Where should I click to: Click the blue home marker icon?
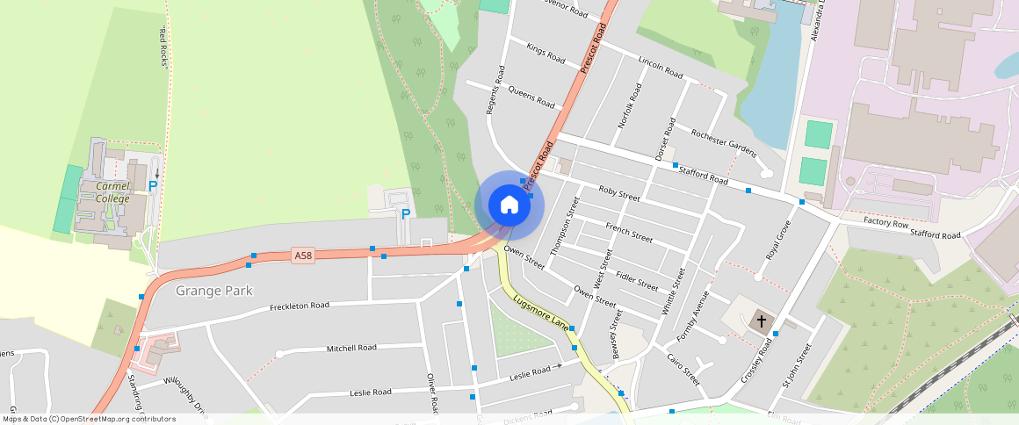coord(509,205)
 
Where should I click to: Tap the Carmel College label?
coord(112,192)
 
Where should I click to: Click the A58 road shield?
coord(303,256)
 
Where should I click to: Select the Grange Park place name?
coord(214,290)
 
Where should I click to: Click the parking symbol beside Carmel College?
coord(153,186)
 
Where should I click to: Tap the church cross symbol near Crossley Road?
coord(761,322)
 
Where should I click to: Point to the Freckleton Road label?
coord(299,306)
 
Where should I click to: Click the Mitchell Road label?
coord(351,348)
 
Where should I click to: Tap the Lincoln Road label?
coord(661,66)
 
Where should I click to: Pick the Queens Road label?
coord(531,96)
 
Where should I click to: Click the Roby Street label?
coord(619,193)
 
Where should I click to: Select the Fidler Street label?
coord(637,281)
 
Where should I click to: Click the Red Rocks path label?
coord(163,47)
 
